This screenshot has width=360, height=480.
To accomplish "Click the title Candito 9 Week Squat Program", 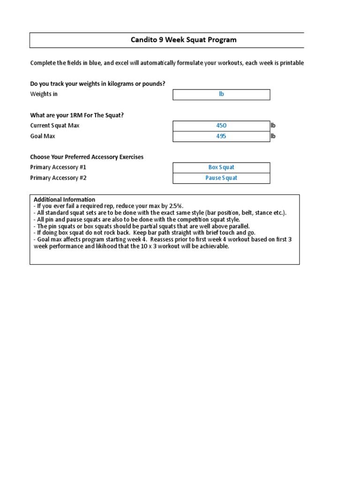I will click(183, 40).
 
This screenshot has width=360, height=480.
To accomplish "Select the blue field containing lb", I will click(221, 94).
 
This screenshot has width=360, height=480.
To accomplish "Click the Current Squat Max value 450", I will click(221, 126).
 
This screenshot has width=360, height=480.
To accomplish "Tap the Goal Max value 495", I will click(221, 136).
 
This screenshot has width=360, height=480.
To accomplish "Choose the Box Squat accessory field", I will click(221, 167).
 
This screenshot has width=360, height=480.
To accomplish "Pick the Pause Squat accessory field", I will click(221, 178).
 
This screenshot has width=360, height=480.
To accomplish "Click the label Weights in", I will click(44, 94).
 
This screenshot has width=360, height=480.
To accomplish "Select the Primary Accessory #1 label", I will click(58, 167).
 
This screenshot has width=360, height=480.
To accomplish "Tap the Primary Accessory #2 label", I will click(58, 178).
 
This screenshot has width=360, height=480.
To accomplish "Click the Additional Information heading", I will click(64, 200).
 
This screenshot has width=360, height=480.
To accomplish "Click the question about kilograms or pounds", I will click(97, 84).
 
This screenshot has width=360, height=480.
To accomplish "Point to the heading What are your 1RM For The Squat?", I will click(77, 115).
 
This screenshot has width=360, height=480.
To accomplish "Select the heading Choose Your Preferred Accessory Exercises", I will click(87, 157).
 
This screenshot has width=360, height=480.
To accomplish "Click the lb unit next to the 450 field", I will click(273, 126).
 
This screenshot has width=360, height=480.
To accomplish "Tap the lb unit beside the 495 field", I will click(273, 136).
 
